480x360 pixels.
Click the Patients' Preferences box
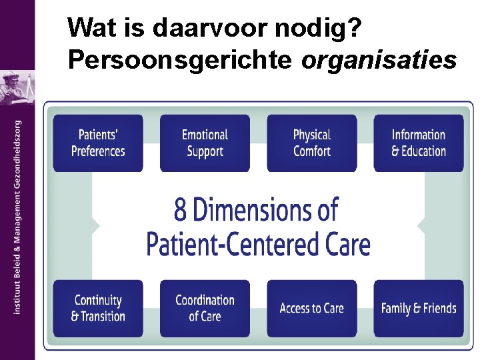point(98,143)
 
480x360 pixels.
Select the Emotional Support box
point(205,143)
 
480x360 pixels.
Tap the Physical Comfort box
point(312,143)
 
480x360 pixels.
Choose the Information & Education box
point(419,143)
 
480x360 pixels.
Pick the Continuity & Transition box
point(98,308)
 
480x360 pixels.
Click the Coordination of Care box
point(205,308)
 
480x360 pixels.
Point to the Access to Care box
point(312,308)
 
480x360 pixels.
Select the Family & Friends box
point(419,308)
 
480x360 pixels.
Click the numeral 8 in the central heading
point(181,211)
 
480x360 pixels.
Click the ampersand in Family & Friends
point(417,309)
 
